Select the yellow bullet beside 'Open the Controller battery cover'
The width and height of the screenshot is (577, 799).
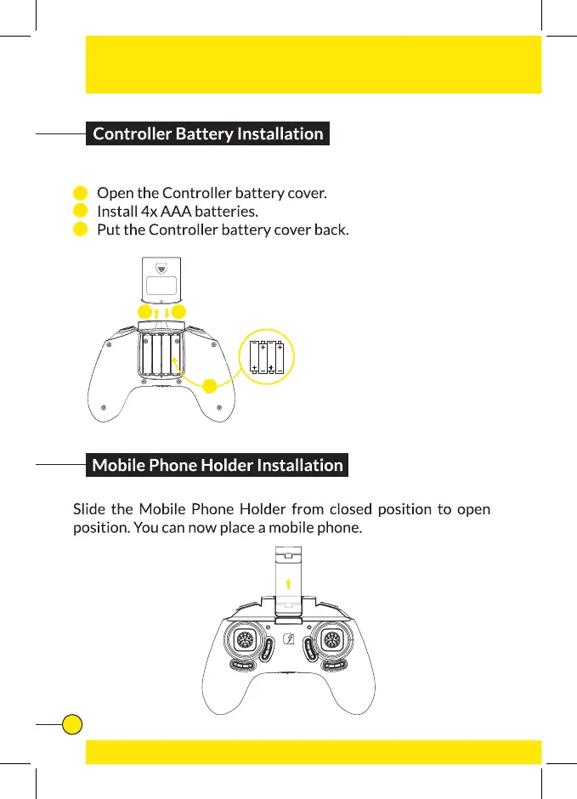[80, 193]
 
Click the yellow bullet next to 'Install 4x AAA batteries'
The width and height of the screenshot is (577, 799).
[80, 211]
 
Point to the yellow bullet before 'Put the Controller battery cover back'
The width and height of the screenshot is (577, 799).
[80, 229]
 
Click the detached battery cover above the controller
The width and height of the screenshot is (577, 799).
[161, 279]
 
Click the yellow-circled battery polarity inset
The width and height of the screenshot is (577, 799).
[267, 356]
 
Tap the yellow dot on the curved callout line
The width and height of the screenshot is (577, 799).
[209, 387]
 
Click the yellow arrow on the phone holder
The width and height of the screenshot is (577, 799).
[290, 584]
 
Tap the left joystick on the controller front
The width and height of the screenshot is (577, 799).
[243, 639]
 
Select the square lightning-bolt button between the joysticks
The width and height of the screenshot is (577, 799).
[290, 640]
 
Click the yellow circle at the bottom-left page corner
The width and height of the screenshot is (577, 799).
[73, 723]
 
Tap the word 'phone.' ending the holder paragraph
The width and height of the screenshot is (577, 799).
[340, 529]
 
